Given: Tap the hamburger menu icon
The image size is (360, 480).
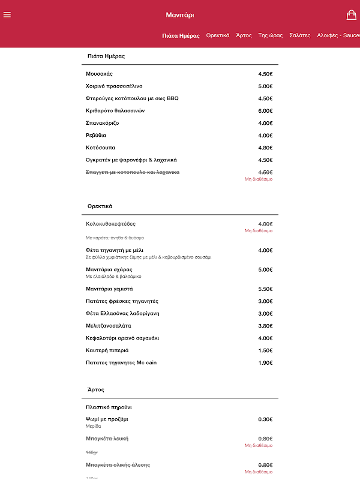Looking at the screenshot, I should click(x=7, y=15).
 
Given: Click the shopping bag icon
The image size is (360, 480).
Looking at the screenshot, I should click(x=352, y=15).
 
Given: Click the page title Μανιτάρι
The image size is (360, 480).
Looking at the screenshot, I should click(x=180, y=15).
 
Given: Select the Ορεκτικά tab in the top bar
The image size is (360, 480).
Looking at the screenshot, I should click(x=218, y=35).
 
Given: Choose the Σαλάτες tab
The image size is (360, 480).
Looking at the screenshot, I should click(x=300, y=35).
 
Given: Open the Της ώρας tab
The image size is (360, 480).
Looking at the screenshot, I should click(x=270, y=35).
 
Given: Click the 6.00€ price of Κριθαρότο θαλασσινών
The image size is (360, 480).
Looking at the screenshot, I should click(x=265, y=111).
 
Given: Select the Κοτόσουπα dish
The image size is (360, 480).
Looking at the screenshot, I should click(x=101, y=148).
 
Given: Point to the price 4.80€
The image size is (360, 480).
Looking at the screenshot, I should click(x=265, y=148).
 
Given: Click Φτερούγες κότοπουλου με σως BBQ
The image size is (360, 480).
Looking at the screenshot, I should click(x=132, y=98).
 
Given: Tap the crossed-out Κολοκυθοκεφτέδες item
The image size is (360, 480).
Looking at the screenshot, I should click(x=111, y=224).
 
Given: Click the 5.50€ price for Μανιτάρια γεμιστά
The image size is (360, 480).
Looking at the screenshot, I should click(x=265, y=289).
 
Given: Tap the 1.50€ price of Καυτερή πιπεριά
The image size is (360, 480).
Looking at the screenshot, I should click(x=265, y=350).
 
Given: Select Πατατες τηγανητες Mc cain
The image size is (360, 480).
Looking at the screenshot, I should click(x=121, y=362).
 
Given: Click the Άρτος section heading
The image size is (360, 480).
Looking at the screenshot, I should click(x=96, y=390).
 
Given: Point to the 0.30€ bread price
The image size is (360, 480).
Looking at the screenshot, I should click(x=265, y=419).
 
